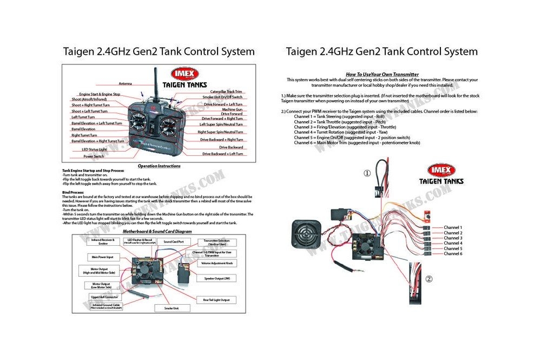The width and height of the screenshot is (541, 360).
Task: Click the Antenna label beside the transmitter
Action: click(126, 84)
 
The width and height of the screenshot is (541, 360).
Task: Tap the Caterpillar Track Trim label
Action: click(226, 93)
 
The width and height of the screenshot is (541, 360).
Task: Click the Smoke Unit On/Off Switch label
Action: click(222, 97)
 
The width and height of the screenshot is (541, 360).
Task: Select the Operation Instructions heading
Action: click(159, 166)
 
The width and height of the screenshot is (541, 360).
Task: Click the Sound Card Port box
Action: click(174, 241)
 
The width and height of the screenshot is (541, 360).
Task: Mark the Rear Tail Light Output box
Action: click(216, 300)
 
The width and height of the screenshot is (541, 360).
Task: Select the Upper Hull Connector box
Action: click(105, 297)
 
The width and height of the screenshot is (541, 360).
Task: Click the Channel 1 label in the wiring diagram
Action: click(453, 228)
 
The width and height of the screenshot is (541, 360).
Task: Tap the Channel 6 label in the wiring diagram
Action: click(453, 254)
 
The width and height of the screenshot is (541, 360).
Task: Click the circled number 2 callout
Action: click(428, 279)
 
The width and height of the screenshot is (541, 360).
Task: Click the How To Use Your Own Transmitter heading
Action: click(382, 74)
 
